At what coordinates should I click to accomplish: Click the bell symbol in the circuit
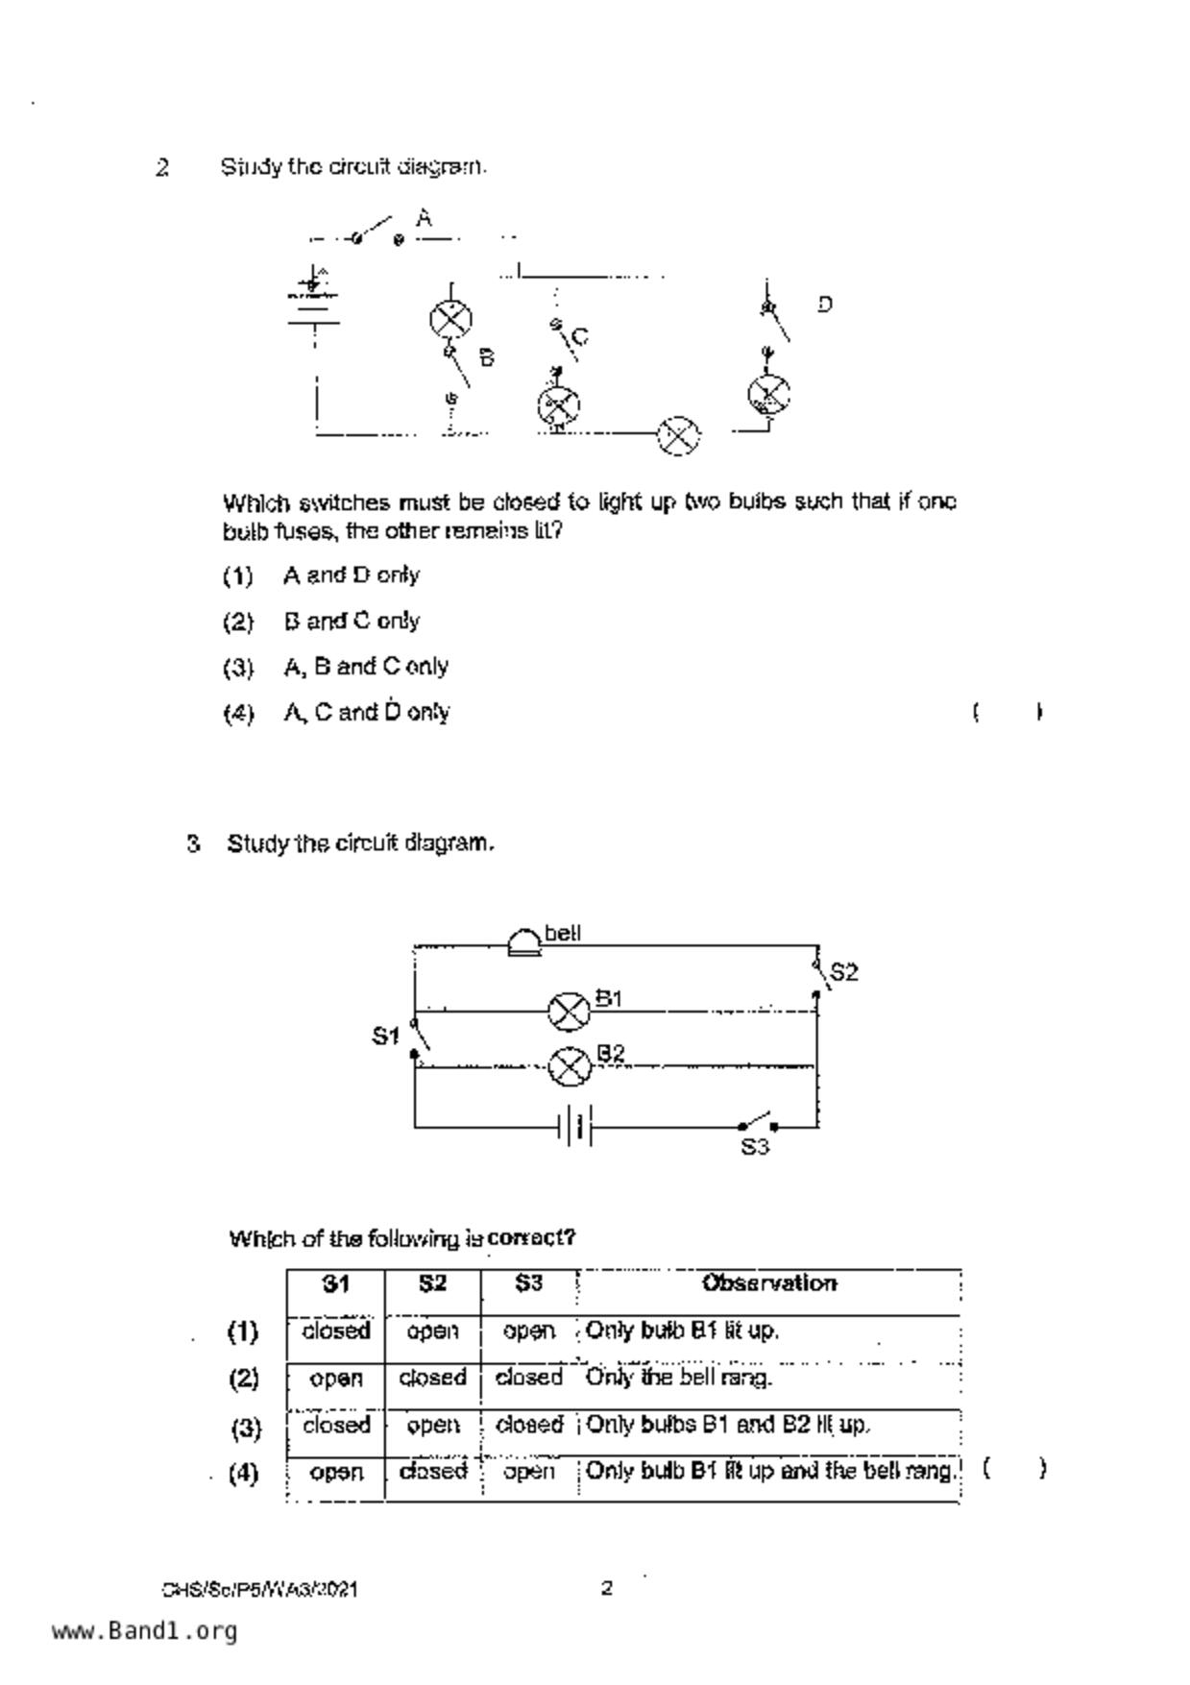(x=524, y=942)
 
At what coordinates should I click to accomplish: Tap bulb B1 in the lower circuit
(x=569, y=1011)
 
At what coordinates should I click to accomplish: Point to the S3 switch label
(x=755, y=1147)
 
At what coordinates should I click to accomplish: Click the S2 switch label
(x=843, y=972)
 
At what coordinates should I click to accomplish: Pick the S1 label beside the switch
(x=385, y=1036)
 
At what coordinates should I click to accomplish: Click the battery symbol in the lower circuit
(x=575, y=1125)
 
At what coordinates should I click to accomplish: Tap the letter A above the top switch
(x=424, y=218)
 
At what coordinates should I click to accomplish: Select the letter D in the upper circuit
(x=825, y=305)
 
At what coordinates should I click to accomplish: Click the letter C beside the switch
(x=579, y=337)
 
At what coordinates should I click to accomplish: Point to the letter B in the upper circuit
(x=487, y=358)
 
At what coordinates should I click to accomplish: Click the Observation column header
(x=768, y=1283)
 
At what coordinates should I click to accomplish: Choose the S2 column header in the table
(x=432, y=1283)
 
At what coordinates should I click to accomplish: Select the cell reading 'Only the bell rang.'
(x=678, y=1378)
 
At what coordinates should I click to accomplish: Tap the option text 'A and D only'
(x=352, y=575)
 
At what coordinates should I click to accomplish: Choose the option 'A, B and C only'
(x=366, y=667)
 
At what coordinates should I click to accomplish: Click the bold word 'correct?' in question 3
(x=531, y=1237)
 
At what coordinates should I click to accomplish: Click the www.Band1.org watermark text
(x=144, y=1631)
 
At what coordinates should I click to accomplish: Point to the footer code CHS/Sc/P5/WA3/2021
(x=260, y=1590)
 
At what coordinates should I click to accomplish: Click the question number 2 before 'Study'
(x=162, y=168)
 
